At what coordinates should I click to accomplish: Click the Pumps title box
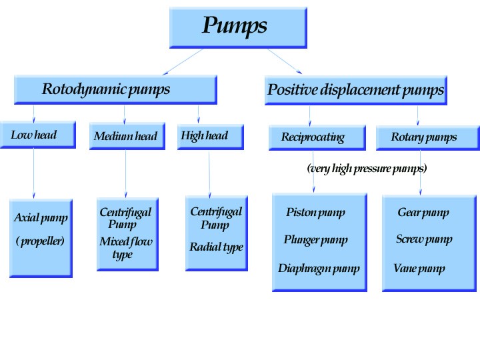[x=238, y=27]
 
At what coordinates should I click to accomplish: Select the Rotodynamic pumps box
[x=115, y=89]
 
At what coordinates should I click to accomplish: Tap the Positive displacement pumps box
[x=355, y=90]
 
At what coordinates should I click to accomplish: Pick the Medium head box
[x=127, y=137]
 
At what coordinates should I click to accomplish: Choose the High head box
[x=210, y=136]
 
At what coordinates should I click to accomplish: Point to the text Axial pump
[x=41, y=218]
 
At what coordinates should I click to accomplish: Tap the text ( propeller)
[x=40, y=241]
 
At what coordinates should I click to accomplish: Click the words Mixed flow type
[x=125, y=247]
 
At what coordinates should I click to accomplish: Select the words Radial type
[x=216, y=247]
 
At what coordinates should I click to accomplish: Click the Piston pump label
[x=315, y=213]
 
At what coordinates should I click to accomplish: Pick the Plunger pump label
[x=315, y=239]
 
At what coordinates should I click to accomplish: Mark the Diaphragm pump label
[x=319, y=269]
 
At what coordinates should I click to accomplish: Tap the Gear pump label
[x=423, y=213]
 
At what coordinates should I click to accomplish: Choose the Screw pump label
[x=424, y=239]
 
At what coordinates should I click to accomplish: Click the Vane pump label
[x=419, y=269]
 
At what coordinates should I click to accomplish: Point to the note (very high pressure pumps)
[x=367, y=169]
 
